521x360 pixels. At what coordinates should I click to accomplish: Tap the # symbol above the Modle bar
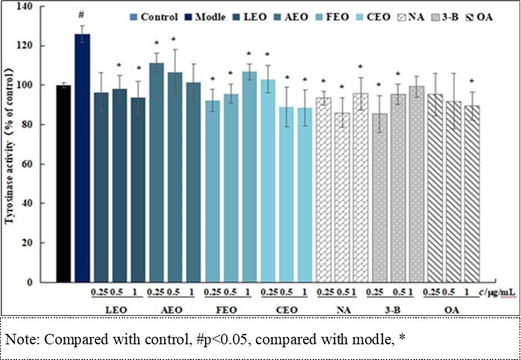(82, 25)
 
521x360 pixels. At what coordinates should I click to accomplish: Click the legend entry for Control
(152, 17)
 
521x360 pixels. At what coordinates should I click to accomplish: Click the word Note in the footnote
(20, 338)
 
